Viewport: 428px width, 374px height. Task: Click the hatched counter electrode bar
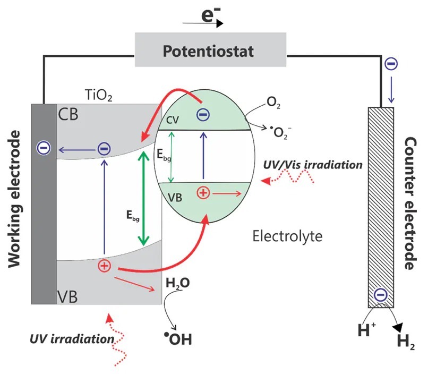click(381, 207)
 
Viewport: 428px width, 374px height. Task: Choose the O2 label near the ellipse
click(274, 104)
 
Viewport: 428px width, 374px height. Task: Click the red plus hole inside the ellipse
click(202, 193)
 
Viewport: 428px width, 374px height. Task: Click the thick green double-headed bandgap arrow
click(142, 199)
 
